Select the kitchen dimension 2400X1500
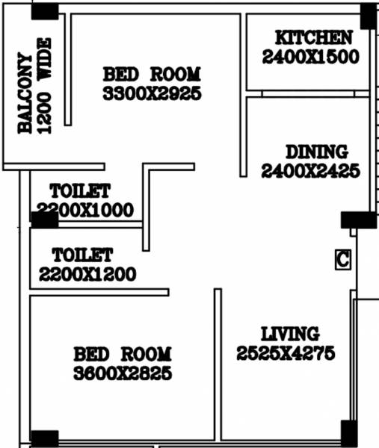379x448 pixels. [x=311, y=56]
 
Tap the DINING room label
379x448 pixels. [x=316, y=152]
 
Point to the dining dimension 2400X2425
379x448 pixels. [x=311, y=171]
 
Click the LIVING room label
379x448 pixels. [x=289, y=334]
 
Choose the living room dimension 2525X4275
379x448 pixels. [x=286, y=354]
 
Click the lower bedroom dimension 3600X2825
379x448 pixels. [x=123, y=373]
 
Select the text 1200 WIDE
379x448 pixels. [x=45, y=86]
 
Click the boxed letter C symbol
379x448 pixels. [x=342, y=259]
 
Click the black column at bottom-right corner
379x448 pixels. [x=348, y=432]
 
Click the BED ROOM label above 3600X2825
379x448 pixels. [x=123, y=353]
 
